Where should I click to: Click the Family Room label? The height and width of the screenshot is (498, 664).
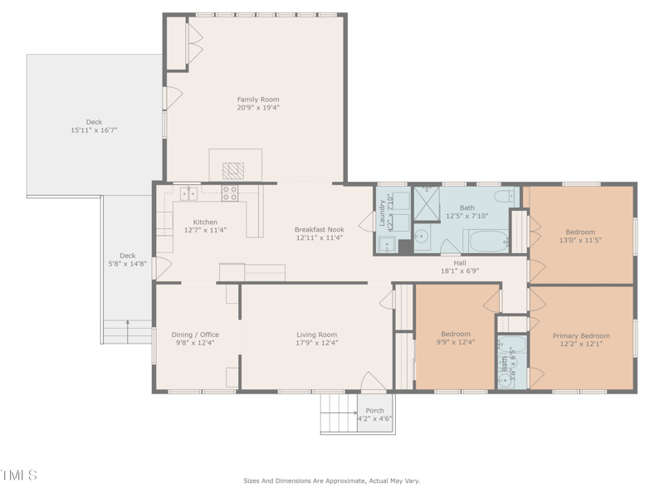pyautogui.click(x=258, y=100)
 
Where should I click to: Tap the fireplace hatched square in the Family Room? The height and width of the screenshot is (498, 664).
pyautogui.click(x=233, y=170)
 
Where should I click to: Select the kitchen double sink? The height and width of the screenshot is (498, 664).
pyautogui.click(x=189, y=193)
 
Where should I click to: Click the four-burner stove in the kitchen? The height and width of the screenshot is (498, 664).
pyautogui.click(x=230, y=194)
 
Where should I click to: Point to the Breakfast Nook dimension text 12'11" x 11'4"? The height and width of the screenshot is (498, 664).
pyautogui.click(x=319, y=238)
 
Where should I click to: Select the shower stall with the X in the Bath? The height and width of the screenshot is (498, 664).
pyautogui.click(x=427, y=202)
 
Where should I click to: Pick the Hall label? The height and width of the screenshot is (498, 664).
pyautogui.click(x=459, y=262)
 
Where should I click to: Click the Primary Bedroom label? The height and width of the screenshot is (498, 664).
pyautogui.click(x=581, y=336)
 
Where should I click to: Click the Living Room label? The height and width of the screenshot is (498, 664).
pyautogui.click(x=317, y=334)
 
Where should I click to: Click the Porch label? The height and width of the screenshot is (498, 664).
pyautogui.click(x=374, y=410)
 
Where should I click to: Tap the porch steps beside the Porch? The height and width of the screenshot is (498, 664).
pyautogui.click(x=338, y=413)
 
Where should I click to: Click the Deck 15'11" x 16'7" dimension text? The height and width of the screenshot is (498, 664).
pyautogui.click(x=94, y=130)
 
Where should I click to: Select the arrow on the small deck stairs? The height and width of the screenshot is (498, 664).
pyautogui.click(x=127, y=322)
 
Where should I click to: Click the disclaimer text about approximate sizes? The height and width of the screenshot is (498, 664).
pyautogui.click(x=331, y=481)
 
